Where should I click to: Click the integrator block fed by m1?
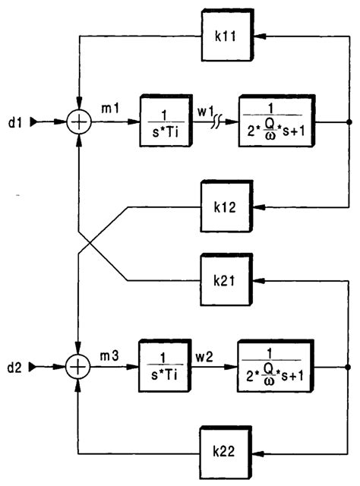[x=163, y=120]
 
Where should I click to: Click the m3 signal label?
[x=112, y=357]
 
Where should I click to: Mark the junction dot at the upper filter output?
[x=349, y=121]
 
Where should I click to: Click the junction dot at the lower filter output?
[x=349, y=367]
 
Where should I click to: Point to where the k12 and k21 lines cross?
[x=90, y=244]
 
